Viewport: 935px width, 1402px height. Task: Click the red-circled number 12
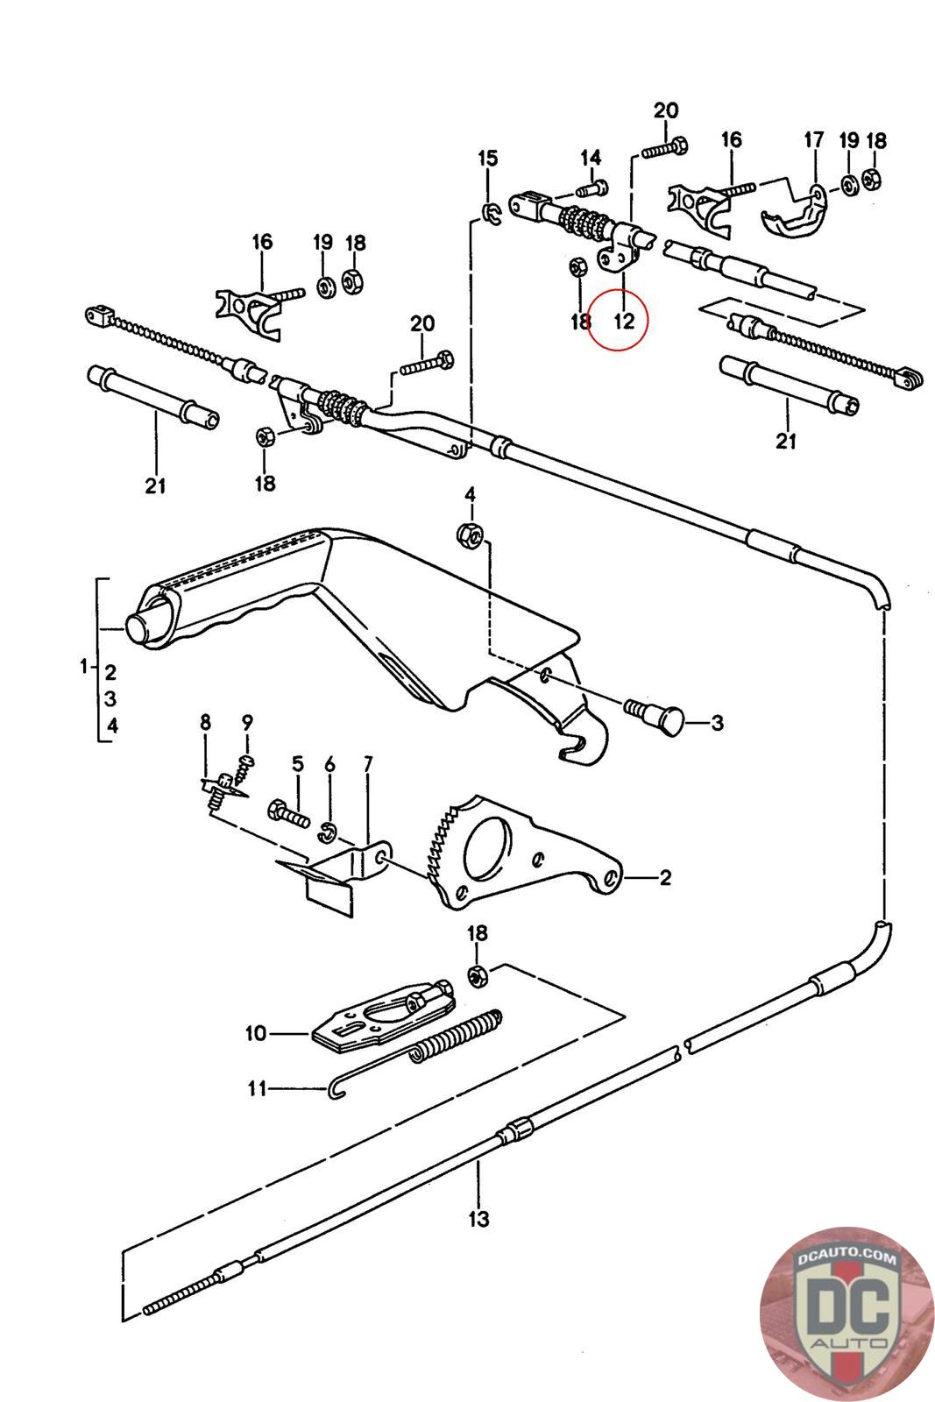[623, 320]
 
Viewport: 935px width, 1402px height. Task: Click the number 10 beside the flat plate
[255, 1034]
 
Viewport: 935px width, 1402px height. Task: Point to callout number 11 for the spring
[256, 1089]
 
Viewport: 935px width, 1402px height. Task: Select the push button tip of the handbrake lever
[138, 628]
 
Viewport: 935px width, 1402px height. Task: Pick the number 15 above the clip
[487, 159]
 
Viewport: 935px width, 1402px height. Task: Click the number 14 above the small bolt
[591, 158]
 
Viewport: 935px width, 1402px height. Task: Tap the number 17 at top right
[814, 139]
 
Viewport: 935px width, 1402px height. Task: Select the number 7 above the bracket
[367, 765]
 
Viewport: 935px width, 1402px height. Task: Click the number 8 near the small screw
[205, 722]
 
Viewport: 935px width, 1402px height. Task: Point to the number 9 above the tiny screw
[247, 722]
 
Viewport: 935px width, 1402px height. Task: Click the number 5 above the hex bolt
[298, 765]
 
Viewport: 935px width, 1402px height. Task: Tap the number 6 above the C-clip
[329, 765]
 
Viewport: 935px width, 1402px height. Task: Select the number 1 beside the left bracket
[83, 667]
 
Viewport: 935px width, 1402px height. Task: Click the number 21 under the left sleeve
[155, 485]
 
